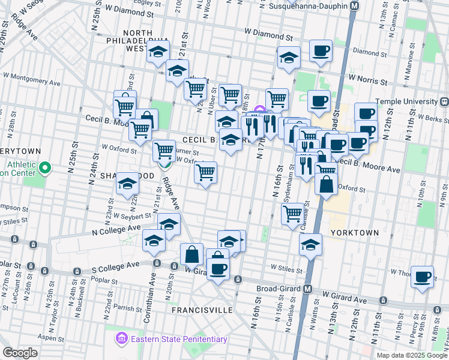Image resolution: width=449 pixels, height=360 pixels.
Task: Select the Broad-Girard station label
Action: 273,289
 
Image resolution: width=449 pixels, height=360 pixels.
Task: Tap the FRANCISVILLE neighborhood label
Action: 202,310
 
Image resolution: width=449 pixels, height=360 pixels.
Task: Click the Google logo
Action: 20,352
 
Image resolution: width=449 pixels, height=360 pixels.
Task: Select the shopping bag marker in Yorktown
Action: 325,185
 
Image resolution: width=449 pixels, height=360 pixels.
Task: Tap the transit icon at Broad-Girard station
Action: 308,289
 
